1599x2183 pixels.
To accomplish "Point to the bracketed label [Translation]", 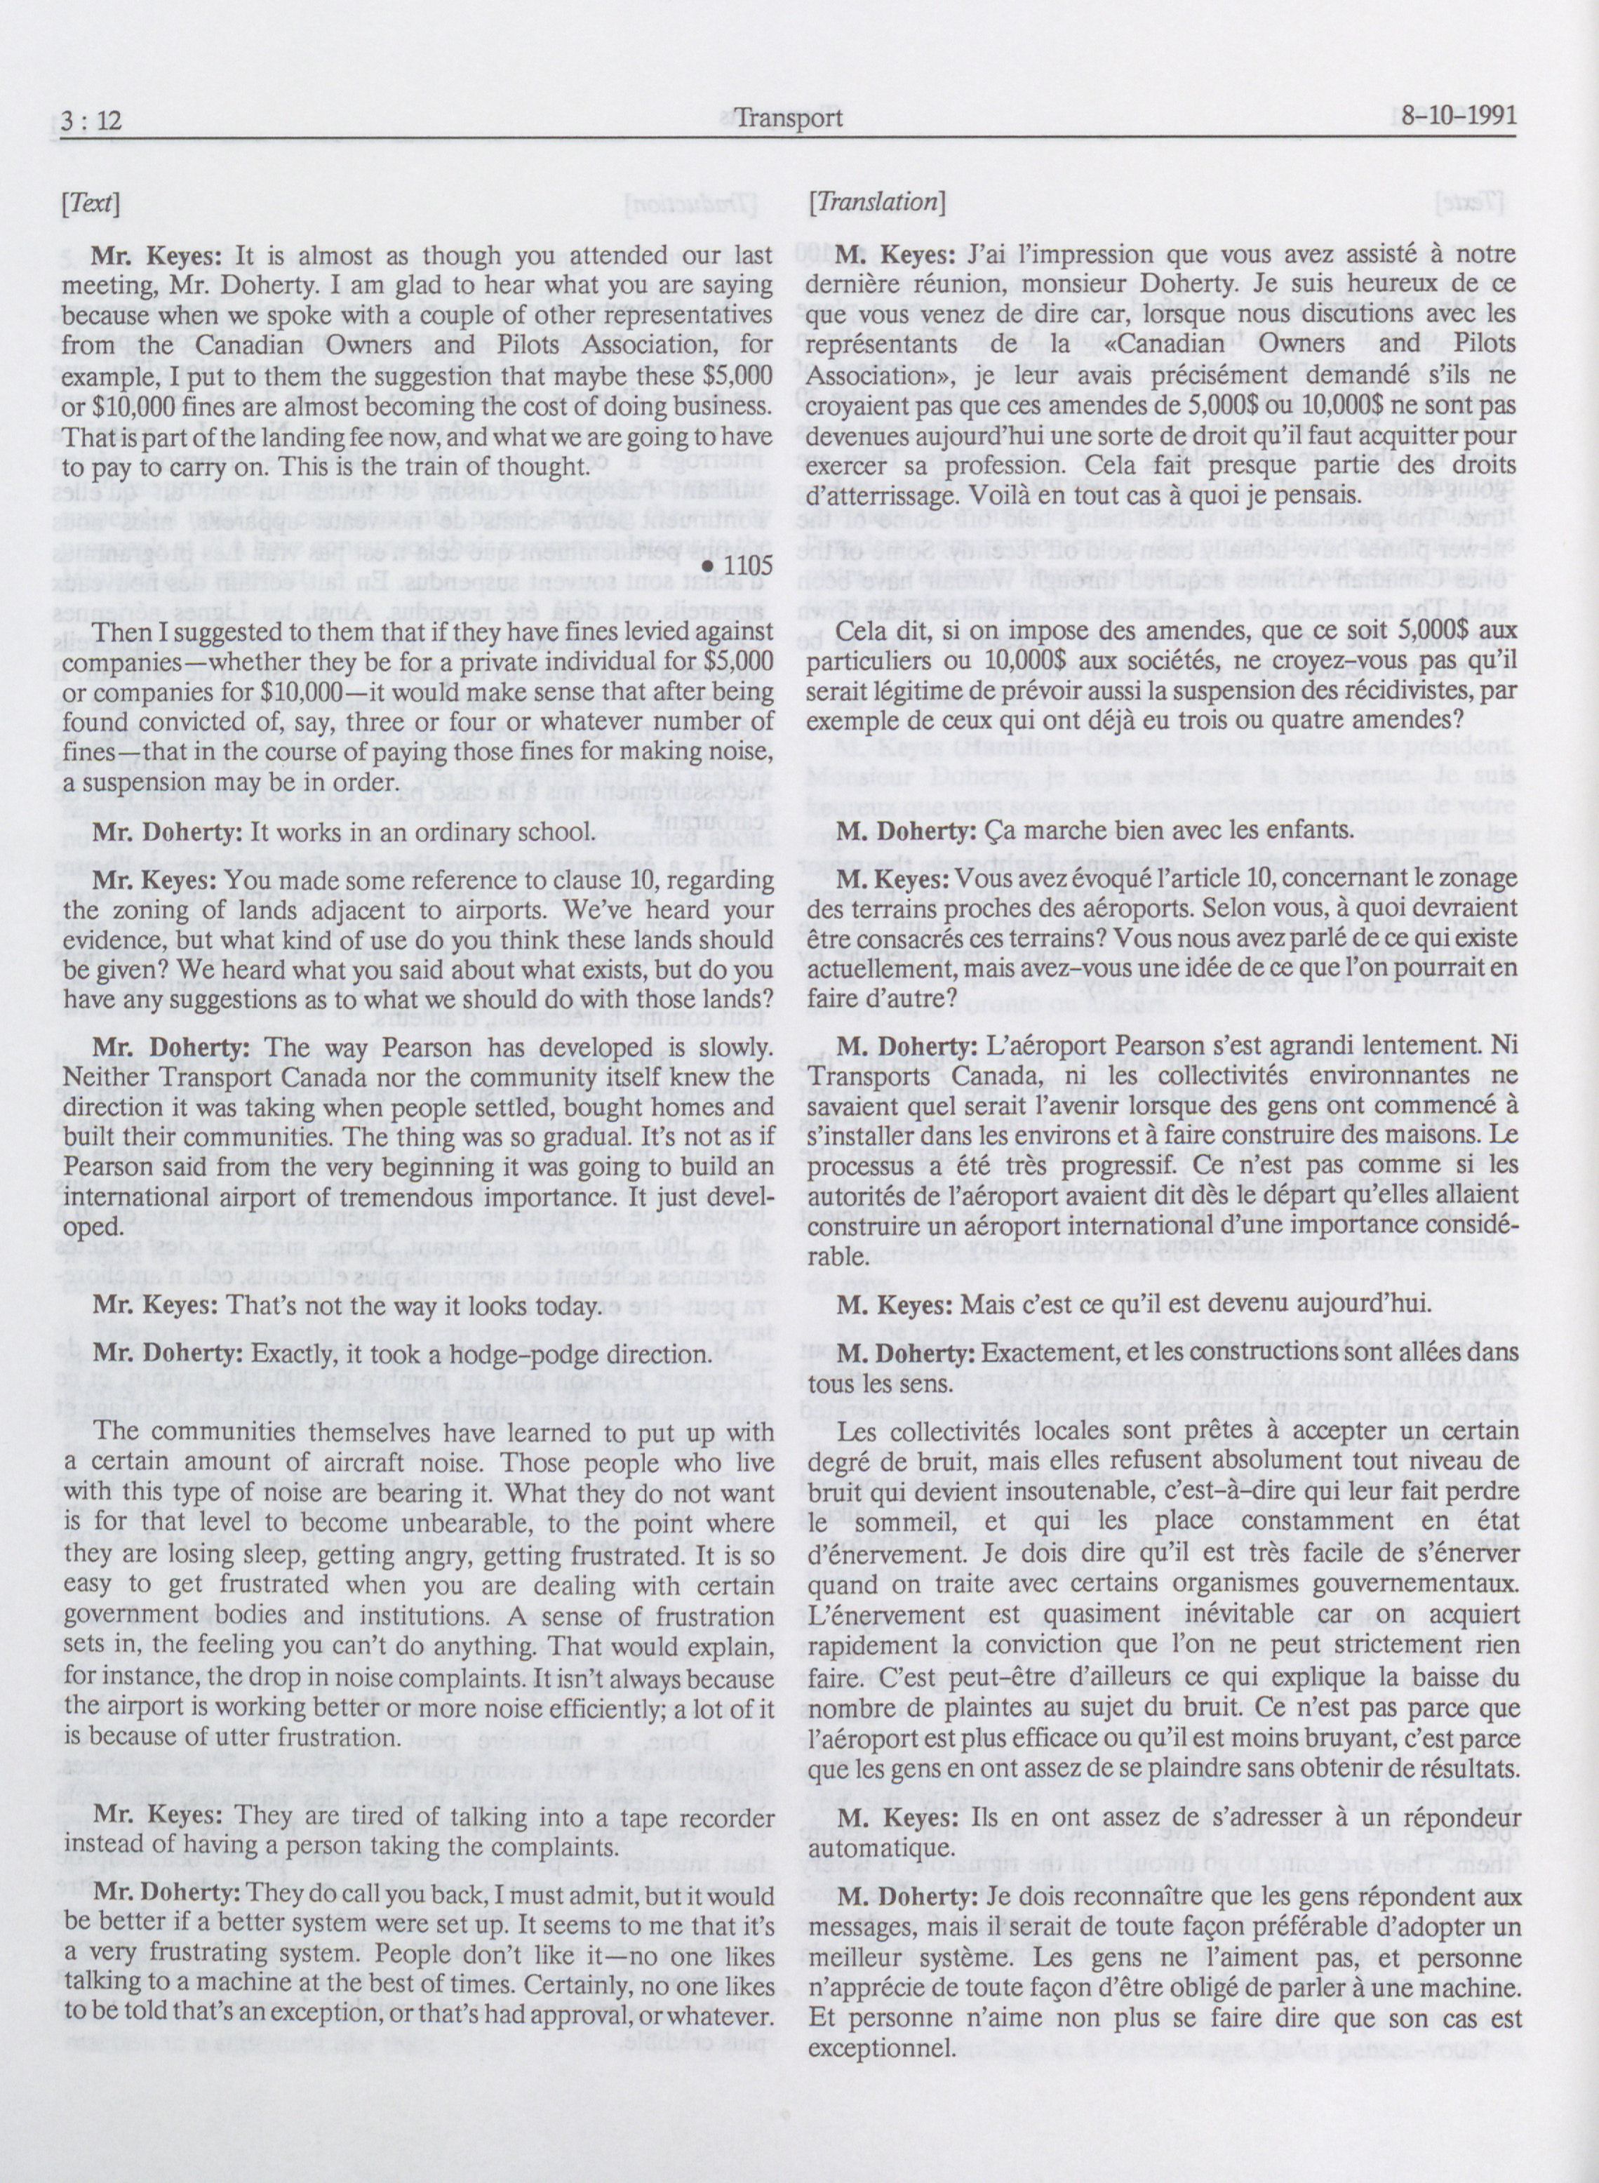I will point(875,202).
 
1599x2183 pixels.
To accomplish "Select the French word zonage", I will point(1461,877).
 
